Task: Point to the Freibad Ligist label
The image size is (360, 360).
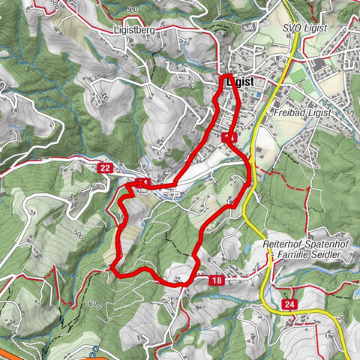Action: [308, 111]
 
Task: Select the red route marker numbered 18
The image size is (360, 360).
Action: [217, 280]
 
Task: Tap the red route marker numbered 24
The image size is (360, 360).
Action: [289, 304]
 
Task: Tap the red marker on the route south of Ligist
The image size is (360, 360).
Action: [229, 137]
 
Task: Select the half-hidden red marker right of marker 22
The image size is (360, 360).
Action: [142, 182]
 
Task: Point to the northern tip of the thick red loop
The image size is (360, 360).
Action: [225, 76]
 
